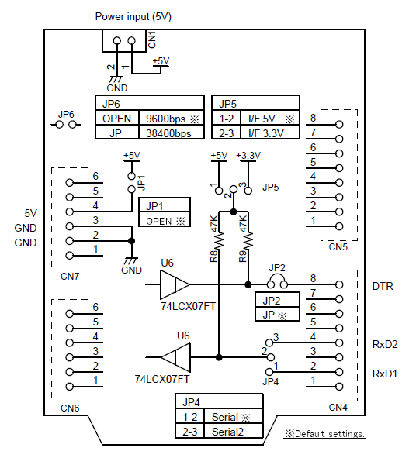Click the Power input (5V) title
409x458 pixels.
click(x=133, y=16)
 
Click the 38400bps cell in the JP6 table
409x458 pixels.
click(x=168, y=133)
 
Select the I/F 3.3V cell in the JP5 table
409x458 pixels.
click(x=266, y=133)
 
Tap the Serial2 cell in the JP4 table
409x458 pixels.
click(x=227, y=432)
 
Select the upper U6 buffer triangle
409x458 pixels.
click(x=175, y=284)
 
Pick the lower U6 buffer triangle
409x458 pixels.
click(x=175, y=357)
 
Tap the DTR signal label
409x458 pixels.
click(x=383, y=286)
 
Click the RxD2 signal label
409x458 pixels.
click(x=385, y=344)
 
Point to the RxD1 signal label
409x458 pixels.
click(x=384, y=374)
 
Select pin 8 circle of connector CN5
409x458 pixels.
click(x=339, y=125)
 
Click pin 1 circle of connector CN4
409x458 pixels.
click(x=339, y=387)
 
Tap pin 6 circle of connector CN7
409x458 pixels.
click(x=69, y=183)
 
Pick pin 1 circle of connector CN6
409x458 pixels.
click(x=69, y=387)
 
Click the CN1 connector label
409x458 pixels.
click(x=152, y=40)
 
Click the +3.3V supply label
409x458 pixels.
click(x=248, y=156)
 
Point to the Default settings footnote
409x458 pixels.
click(x=324, y=433)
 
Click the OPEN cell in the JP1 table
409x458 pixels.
click(x=159, y=222)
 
